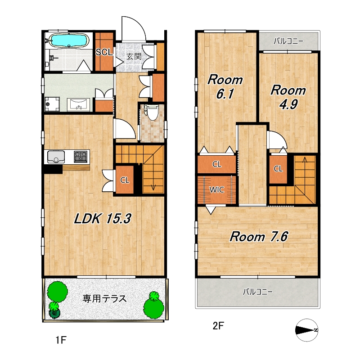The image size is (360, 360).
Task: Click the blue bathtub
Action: pos(69,40)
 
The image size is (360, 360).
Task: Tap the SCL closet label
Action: pos(104,52)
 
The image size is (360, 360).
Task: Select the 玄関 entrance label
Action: pos(134,56)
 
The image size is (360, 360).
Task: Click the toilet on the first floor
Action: pos(152,112)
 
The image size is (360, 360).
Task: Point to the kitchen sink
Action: pos(56,157)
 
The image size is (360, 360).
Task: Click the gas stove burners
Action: pos(81,157)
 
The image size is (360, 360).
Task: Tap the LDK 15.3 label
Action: pos(103,218)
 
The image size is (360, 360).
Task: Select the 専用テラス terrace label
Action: pos(104,299)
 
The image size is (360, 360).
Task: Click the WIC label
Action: pos(217,189)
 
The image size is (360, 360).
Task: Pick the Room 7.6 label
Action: pos(259,237)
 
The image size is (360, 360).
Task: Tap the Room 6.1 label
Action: pos(225,87)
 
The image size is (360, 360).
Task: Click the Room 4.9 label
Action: pos(288,97)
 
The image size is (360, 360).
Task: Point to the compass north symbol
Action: pos(307,330)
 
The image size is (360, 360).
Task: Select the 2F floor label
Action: pos(218,325)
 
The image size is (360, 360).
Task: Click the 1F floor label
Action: pos(61,340)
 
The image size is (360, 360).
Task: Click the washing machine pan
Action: pos(52,104)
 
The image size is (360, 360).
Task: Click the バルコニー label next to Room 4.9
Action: pos(288,41)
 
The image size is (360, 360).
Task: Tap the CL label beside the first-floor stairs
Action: pos(125,180)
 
